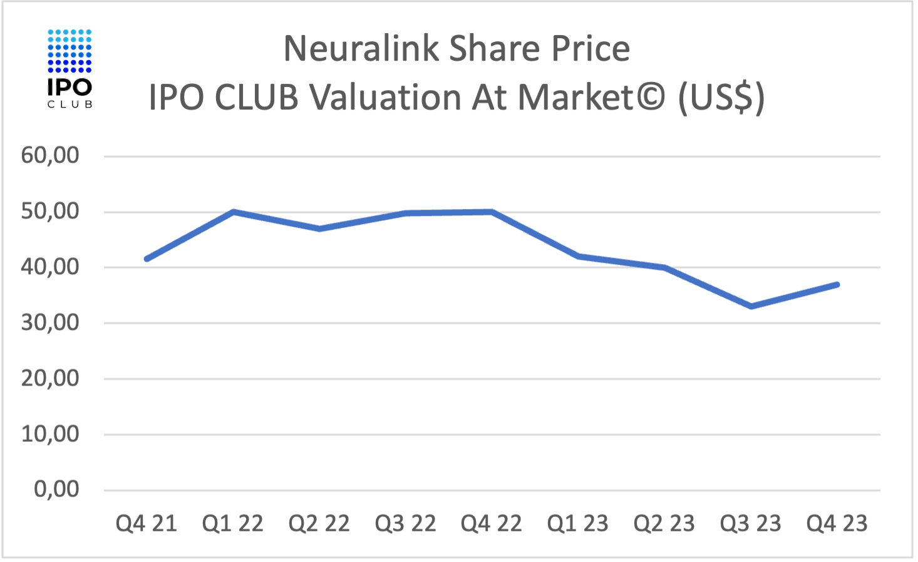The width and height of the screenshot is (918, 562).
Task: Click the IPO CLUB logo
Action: pyautogui.click(x=70, y=68)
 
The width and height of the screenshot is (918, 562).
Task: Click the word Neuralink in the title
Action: pyautogui.click(x=361, y=49)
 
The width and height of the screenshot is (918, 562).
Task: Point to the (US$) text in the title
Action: pyautogui.click(x=721, y=98)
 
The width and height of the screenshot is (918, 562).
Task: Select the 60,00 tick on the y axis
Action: pyautogui.click(x=50, y=155)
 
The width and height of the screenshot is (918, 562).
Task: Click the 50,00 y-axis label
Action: pyautogui.click(x=50, y=212)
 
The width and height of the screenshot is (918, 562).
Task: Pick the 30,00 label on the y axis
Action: pyautogui.click(x=50, y=323)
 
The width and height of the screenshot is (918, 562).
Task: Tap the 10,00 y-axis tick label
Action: pyautogui.click(x=50, y=434)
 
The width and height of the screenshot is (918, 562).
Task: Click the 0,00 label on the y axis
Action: pyautogui.click(x=56, y=489)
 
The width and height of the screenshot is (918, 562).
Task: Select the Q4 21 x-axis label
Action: pyautogui.click(x=147, y=524)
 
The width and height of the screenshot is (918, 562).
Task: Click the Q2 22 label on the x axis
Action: pyautogui.click(x=319, y=524)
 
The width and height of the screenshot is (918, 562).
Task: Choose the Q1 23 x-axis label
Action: pyautogui.click(x=577, y=524)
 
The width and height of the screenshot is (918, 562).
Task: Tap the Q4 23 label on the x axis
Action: pyautogui.click(x=837, y=524)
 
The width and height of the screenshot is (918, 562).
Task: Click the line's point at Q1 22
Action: pyautogui.click(x=233, y=212)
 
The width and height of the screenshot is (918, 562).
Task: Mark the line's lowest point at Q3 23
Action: pyautogui.click(x=751, y=306)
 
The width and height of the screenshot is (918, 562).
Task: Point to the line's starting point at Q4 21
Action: pyautogui.click(x=147, y=258)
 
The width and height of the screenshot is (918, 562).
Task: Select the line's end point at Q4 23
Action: pyautogui.click(x=837, y=284)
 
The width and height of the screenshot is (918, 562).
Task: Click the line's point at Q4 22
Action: pyautogui.click(x=492, y=212)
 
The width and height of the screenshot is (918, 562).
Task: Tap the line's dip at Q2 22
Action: pyautogui.click(x=319, y=228)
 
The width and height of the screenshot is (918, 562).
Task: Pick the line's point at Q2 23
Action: pyautogui.click(x=664, y=267)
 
